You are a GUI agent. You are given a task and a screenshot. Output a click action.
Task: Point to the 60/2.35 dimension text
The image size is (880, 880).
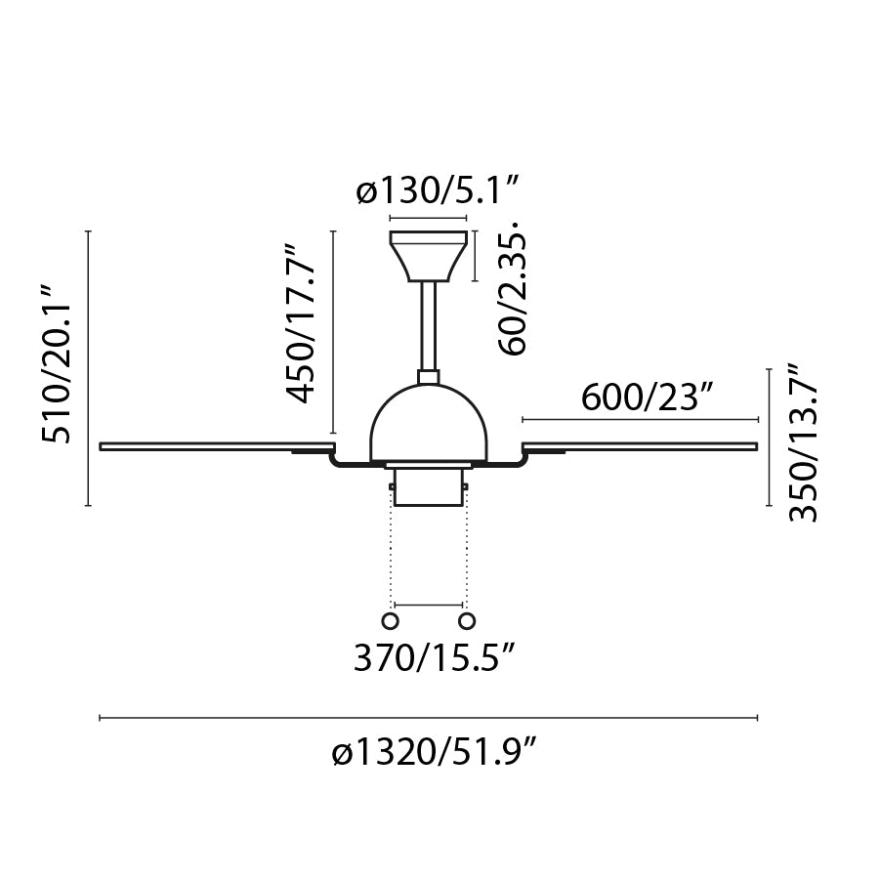516,290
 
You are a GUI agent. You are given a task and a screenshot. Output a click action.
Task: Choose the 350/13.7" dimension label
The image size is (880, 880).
802,443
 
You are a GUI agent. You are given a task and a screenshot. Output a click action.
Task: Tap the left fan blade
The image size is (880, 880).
215,447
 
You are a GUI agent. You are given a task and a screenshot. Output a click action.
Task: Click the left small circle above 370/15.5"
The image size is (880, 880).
391,621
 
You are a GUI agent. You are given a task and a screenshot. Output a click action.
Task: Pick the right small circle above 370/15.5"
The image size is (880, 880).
467,621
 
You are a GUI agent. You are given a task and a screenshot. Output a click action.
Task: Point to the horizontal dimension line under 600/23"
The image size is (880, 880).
640,419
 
